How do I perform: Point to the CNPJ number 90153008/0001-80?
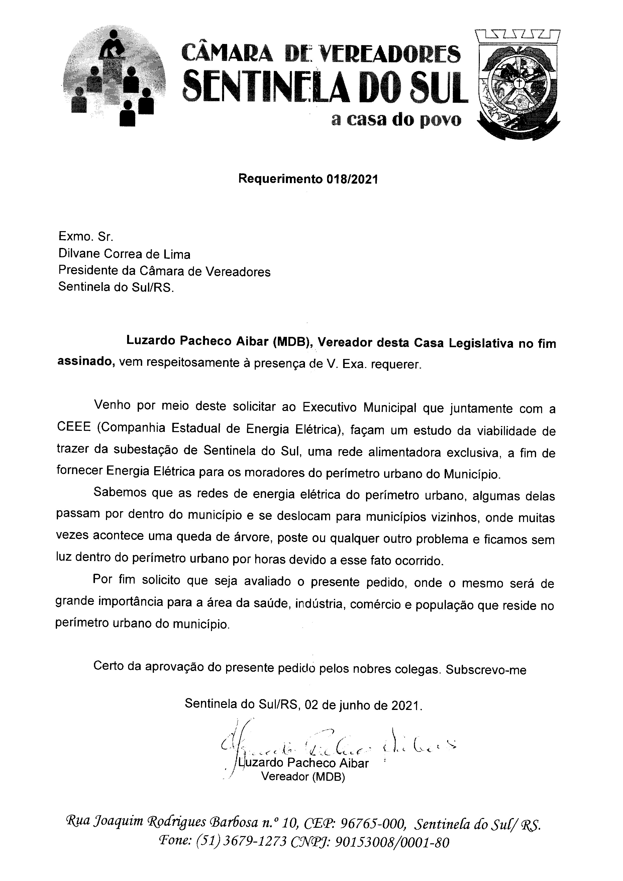point(392,842)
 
